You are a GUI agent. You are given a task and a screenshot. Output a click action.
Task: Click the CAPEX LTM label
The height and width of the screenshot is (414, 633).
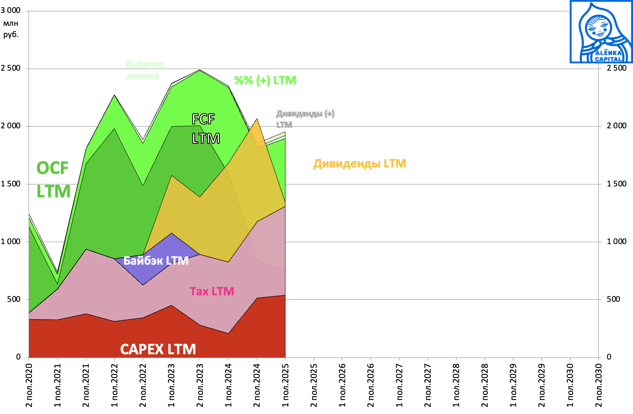(158, 349)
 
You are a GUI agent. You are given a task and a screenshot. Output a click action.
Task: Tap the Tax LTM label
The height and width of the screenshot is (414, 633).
(212, 291)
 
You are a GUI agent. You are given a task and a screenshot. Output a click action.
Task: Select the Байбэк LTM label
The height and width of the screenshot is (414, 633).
(156, 261)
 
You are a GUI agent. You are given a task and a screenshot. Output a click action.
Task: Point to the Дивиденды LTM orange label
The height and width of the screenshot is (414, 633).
(360, 163)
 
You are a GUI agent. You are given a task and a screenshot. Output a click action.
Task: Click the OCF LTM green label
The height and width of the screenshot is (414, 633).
(53, 180)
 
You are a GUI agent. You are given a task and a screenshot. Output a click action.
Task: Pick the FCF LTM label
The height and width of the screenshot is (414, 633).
(206, 129)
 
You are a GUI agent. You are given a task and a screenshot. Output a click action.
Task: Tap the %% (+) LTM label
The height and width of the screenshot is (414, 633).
(265, 80)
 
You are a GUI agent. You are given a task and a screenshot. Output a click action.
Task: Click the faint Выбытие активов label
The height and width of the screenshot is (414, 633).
(144, 70)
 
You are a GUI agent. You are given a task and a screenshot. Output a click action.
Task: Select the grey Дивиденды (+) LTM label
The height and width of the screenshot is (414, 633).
(305, 119)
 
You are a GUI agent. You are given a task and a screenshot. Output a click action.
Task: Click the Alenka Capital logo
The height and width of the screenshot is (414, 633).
(601, 32)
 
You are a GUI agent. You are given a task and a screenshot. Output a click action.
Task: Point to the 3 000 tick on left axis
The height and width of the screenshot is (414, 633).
(10, 10)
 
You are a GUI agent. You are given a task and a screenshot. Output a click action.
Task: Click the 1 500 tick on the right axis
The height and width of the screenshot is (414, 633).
(616, 184)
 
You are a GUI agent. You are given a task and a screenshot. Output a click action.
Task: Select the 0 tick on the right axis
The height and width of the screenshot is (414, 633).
(609, 357)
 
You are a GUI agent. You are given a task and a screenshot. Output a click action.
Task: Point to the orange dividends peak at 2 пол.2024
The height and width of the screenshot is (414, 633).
(257, 119)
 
